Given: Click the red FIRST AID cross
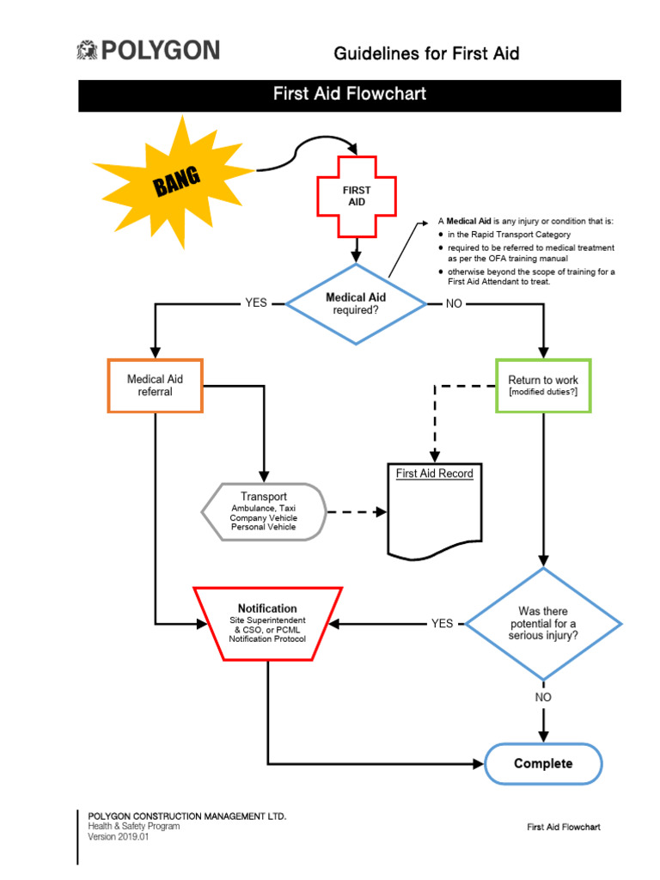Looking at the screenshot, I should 357,196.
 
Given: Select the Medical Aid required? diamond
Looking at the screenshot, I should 356,303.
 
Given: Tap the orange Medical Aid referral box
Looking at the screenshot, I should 155,385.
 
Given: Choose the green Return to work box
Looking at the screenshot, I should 543,385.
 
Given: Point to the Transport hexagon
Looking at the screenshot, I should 263,511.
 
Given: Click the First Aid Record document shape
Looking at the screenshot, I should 434,510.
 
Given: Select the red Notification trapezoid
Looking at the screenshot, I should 267,623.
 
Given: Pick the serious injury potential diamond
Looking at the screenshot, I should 543,623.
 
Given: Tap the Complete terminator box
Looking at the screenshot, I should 543,763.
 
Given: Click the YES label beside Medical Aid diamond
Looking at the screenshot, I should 256,303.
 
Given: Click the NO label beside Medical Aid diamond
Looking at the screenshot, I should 454,303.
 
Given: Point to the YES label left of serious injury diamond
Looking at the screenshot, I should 442,623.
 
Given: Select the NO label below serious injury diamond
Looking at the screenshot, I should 543,697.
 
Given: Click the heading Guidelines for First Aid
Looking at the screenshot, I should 426,53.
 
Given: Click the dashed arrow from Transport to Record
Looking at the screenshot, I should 356,511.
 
